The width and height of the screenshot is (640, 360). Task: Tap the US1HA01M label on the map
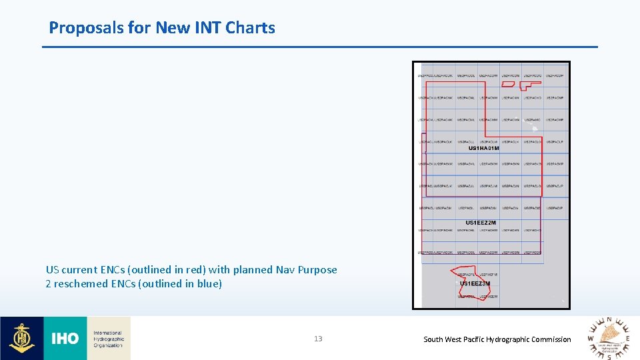coord(484,148)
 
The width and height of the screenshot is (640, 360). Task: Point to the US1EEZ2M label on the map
coord(481,223)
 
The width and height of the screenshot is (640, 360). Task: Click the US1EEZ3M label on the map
coord(475,283)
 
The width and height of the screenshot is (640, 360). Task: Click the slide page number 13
coord(318,339)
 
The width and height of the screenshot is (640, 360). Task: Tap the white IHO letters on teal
coord(65,339)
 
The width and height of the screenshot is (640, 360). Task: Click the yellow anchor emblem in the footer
coord(22,339)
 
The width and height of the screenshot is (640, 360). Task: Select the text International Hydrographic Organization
coord(108,339)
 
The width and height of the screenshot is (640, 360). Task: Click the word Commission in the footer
coord(550,339)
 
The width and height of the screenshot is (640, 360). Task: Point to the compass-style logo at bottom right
coord(609,339)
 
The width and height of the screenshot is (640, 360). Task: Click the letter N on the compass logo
coord(609,321)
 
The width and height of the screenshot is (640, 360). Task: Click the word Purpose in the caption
coord(317,270)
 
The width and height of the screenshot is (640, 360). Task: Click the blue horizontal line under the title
coord(320,47)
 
